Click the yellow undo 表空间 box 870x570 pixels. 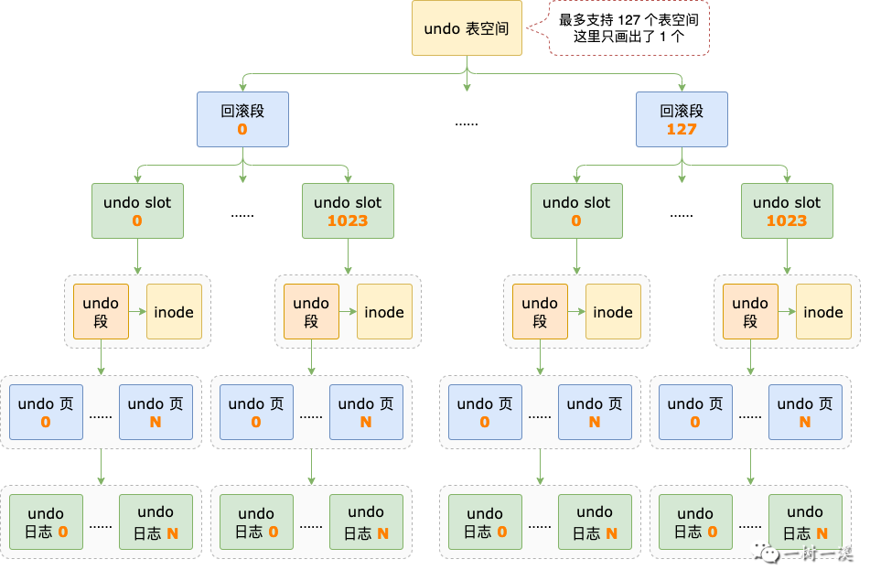coord(467,28)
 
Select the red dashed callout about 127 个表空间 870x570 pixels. coord(629,28)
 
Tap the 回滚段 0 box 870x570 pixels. coord(242,119)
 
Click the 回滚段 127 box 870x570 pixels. coord(682,119)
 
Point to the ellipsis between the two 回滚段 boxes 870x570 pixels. coord(467,122)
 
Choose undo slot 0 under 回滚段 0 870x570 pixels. coord(137,210)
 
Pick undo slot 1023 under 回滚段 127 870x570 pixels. coord(787,210)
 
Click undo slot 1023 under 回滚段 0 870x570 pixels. coord(348,210)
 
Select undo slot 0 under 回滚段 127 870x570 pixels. coord(576,210)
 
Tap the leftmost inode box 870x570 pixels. coord(174,312)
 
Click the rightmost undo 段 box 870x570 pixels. coord(750,312)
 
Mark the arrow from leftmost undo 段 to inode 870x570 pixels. coord(137,312)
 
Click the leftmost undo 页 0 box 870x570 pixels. coord(46,412)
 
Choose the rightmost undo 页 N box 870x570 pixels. coord(805,412)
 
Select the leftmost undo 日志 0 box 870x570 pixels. coord(46,522)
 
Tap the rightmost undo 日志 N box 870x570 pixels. coord(805,522)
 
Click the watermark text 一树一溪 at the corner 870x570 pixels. coord(819,554)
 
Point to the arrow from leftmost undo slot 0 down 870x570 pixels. coord(137,256)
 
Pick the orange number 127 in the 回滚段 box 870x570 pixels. coord(682,130)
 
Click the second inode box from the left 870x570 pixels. coord(384,312)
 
